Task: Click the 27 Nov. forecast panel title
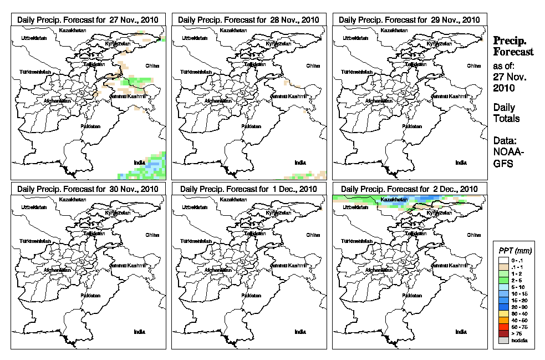point(88,19)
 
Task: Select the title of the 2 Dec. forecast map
point(409,189)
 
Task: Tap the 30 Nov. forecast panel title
point(88,189)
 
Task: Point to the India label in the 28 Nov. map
point(300,162)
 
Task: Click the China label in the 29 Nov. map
point(473,65)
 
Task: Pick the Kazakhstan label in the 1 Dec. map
point(232,199)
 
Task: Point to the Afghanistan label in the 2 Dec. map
point(380,270)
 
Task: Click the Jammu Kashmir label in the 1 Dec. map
point(288,266)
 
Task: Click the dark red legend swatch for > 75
point(503,334)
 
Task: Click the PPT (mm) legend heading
point(513,251)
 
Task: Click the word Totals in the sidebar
point(506,118)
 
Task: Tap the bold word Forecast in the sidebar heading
point(513,52)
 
